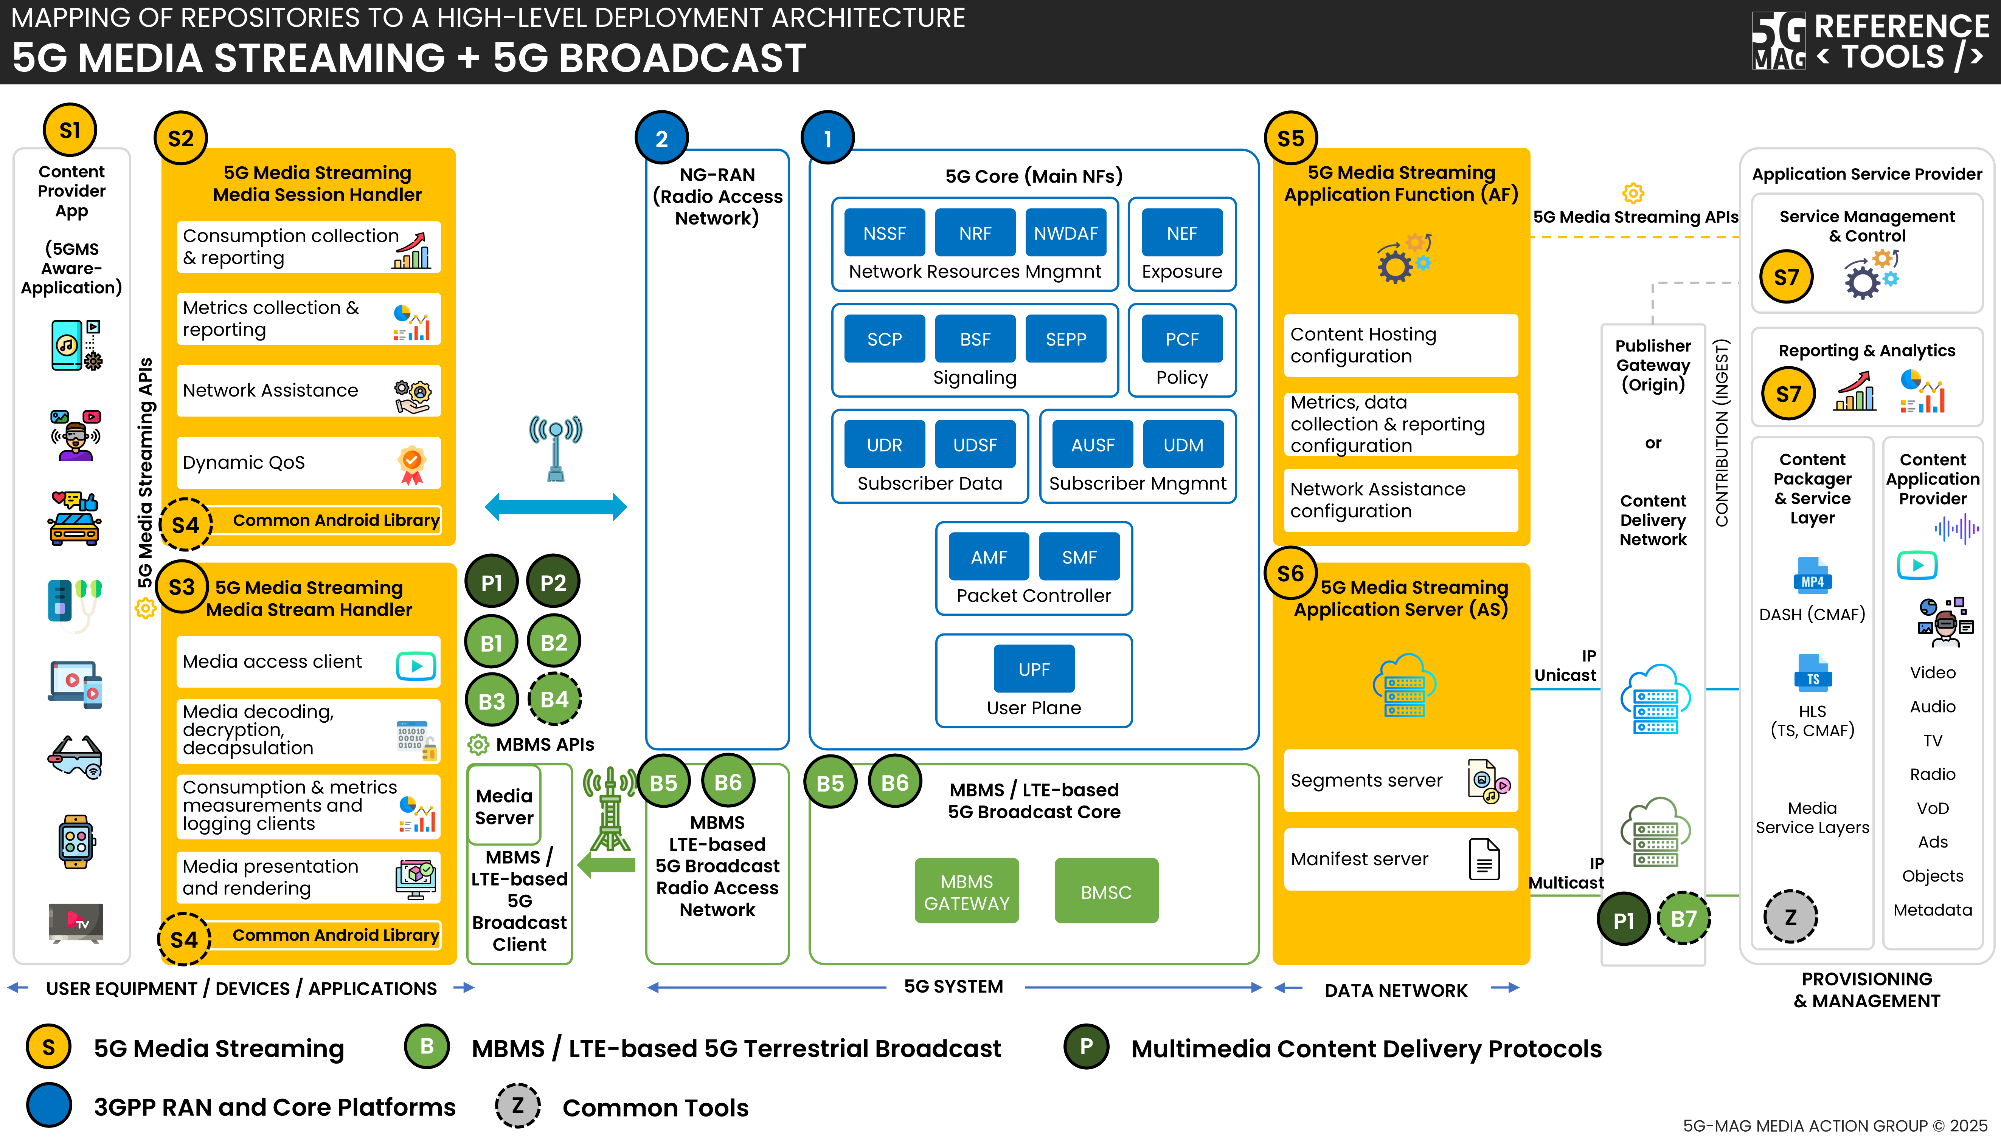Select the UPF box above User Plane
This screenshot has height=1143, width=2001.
point(1034,669)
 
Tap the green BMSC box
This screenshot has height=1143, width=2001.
point(1106,892)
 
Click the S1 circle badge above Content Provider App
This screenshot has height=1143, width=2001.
point(70,130)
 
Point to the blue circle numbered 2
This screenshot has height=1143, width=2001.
point(661,138)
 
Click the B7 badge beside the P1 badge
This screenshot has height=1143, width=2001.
point(1683,918)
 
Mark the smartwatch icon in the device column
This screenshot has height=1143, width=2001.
point(75,841)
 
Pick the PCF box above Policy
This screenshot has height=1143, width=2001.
point(1181,339)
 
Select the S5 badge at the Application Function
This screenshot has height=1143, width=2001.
point(1290,138)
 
